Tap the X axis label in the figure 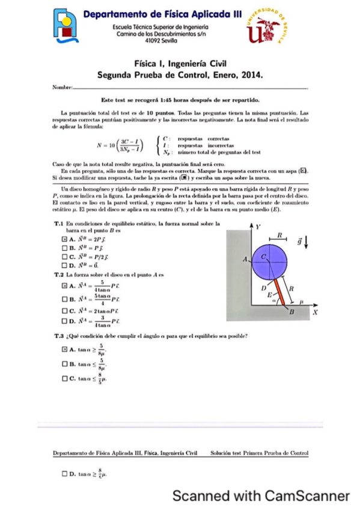click(314, 313)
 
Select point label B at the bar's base click(292, 313)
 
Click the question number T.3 click(59, 336)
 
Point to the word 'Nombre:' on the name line click(62, 88)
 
